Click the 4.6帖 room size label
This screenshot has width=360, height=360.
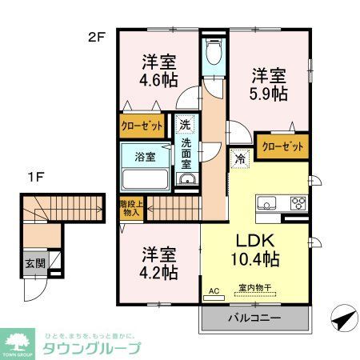tap(160, 79)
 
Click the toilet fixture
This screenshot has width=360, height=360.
tap(214, 54)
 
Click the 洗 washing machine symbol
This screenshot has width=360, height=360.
tap(184, 125)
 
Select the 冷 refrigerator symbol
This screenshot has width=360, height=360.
tap(240, 158)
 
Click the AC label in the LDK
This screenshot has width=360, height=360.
tap(213, 290)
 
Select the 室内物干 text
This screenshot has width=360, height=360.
tap(254, 289)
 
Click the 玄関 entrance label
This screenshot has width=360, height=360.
tap(34, 262)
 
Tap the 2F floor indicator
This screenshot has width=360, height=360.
tap(97, 35)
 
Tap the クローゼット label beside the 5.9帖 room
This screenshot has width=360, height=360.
tap(282, 146)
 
